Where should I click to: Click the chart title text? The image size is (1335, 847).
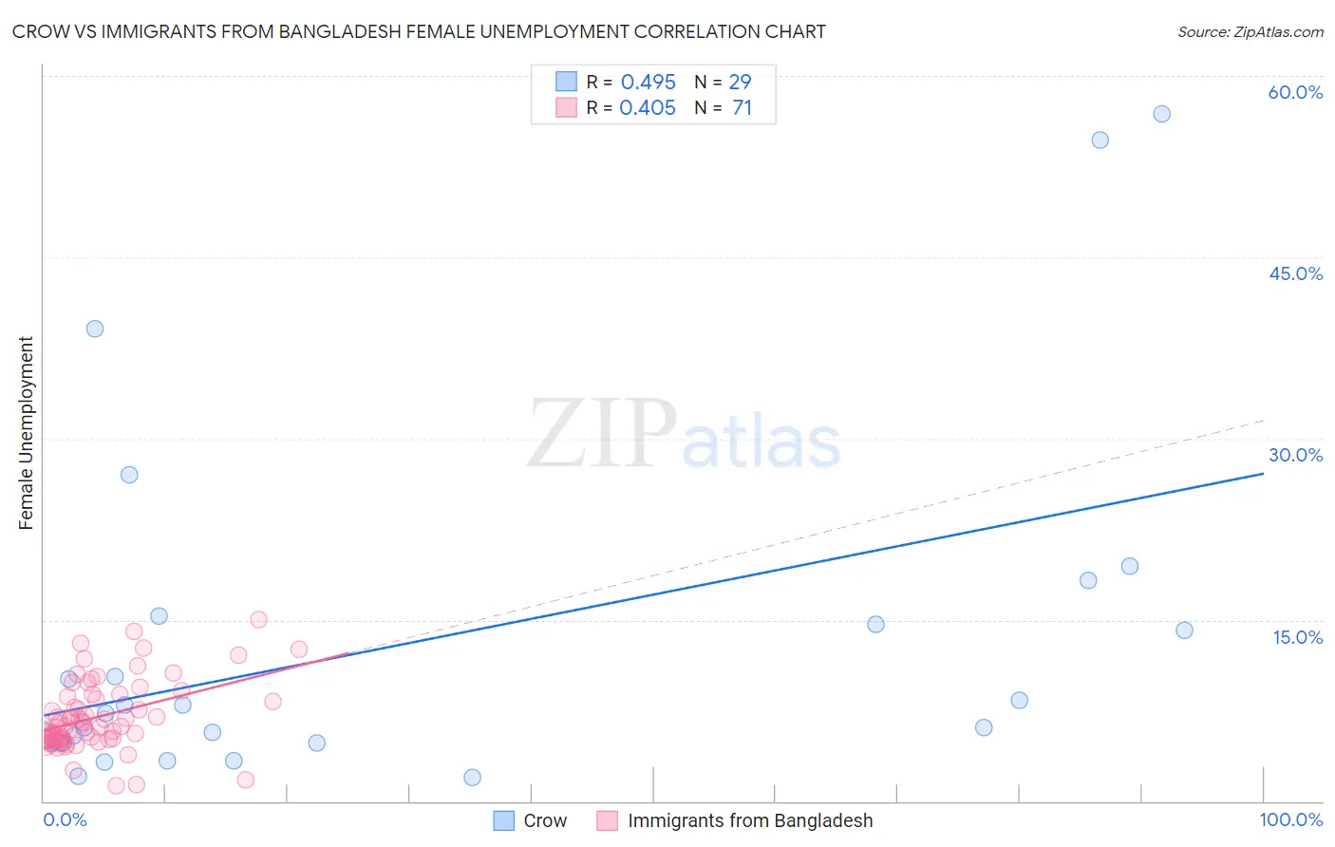pyautogui.click(x=419, y=31)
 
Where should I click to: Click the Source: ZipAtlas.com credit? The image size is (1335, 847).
pyautogui.click(x=1250, y=31)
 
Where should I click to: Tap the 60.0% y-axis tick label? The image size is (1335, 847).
pyautogui.click(x=1295, y=92)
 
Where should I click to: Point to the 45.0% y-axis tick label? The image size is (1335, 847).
pyautogui.click(x=1295, y=273)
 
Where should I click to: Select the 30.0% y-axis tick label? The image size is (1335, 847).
pyautogui.click(x=1295, y=455)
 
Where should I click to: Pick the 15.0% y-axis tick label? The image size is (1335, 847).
pyautogui.click(x=1297, y=637)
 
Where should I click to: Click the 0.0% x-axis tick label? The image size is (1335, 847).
pyautogui.click(x=65, y=819)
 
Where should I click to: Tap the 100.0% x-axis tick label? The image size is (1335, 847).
pyautogui.click(x=1290, y=819)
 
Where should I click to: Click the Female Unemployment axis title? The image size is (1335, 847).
pyautogui.click(x=26, y=433)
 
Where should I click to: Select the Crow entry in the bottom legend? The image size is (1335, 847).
pyautogui.click(x=544, y=820)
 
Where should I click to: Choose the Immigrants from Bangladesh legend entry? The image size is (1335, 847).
pyautogui.click(x=749, y=820)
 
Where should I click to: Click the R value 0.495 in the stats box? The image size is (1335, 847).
pyautogui.click(x=648, y=83)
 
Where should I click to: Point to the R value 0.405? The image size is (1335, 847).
pyautogui.click(x=648, y=108)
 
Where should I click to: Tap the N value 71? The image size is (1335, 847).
pyautogui.click(x=742, y=108)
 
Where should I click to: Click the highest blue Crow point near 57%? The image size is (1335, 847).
pyautogui.click(x=1161, y=114)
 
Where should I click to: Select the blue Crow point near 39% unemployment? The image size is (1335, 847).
pyautogui.click(x=95, y=329)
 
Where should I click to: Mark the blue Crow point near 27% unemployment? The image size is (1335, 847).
pyautogui.click(x=129, y=475)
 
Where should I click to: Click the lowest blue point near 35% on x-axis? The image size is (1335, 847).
pyautogui.click(x=472, y=778)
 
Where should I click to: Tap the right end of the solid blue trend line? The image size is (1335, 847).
pyautogui.click(x=1263, y=473)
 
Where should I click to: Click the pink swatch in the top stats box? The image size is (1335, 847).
pyautogui.click(x=566, y=107)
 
